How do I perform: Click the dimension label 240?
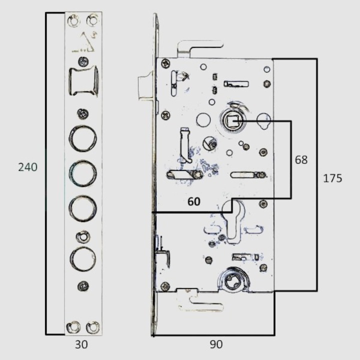pyautogui.click(x=28, y=167)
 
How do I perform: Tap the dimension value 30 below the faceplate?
pyautogui.click(x=81, y=344)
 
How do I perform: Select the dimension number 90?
pyautogui.click(x=216, y=344)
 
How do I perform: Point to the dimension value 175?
pyautogui.click(x=332, y=178)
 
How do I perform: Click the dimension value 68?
pyautogui.click(x=301, y=160)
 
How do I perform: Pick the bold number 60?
pyautogui.click(x=194, y=201)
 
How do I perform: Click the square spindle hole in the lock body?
pyautogui.click(x=232, y=121)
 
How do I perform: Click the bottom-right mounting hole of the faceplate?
pyautogui.click(x=93, y=327)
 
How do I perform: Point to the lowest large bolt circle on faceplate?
pyautogui.click(x=82, y=259)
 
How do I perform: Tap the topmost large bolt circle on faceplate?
pyautogui.click(x=82, y=138)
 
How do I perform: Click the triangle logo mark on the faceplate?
pyautogui.click(x=87, y=42)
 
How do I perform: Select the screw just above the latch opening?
pyautogui.click(x=83, y=61)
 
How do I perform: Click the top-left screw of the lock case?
pyautogui.click(x=165, y=63)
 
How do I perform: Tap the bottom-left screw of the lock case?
pyautogui.click(x=165, y=286)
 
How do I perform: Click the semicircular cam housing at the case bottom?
pyautogui.click(x=232, y=280)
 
